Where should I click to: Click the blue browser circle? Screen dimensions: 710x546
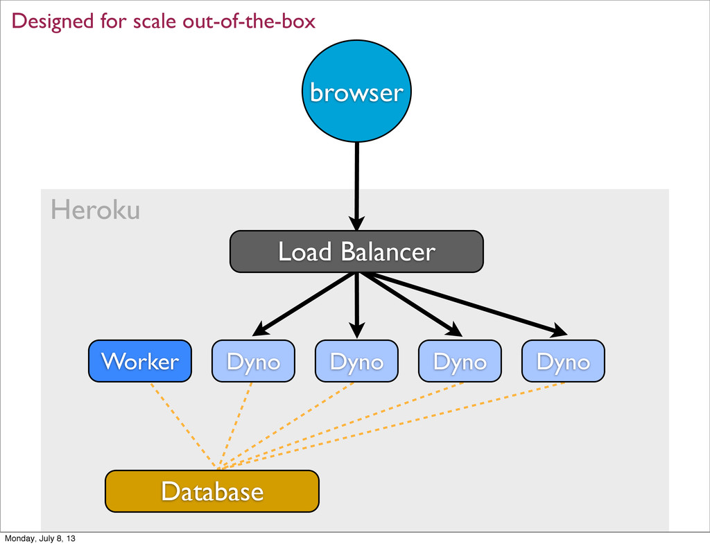coord(357,91)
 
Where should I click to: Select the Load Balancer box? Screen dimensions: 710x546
coord(357,252)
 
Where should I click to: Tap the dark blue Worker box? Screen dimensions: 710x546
coord(140,361)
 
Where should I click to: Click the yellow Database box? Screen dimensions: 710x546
coord(212,491)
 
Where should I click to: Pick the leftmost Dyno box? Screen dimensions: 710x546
coord(254,361)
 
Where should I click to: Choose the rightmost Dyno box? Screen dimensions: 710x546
coord(563,361)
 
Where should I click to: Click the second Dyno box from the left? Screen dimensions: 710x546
coord(357,361)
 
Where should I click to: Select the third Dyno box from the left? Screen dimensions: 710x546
coord(460,361)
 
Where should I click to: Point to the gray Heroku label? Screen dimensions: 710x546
coord(95,210)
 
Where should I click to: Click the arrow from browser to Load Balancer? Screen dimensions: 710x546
coord(357,186)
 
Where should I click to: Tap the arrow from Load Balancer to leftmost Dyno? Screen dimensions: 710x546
coord(304,304)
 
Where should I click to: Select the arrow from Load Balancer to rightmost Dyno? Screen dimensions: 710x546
coord(462,304)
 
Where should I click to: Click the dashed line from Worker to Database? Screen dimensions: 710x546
coord(183,425)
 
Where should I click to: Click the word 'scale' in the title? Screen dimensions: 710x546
coord(153,21)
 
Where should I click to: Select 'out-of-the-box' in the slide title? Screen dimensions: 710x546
coord(249,21)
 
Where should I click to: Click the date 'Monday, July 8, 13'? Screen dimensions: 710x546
coord(40,538)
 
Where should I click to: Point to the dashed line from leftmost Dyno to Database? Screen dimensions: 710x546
coord(235,425)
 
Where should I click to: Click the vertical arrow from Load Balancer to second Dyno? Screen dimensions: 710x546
coord(357,306)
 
